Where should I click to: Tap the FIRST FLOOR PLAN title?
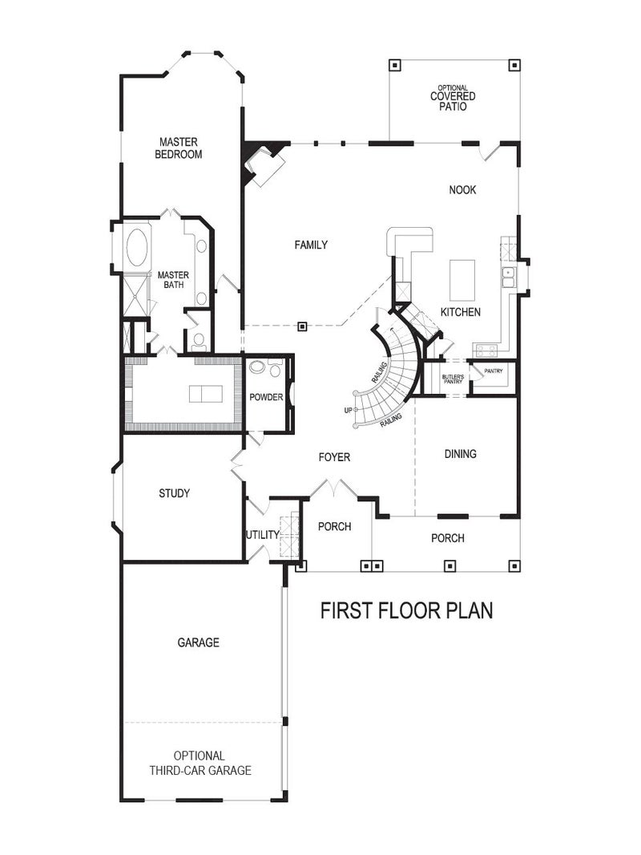406,610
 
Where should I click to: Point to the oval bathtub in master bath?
137,247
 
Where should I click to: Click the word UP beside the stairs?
348,410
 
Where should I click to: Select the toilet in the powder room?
259,368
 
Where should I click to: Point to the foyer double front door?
332,487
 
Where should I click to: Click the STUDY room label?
174,493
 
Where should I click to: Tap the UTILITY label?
262,535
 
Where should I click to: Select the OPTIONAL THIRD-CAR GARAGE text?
200,763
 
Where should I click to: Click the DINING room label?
460,454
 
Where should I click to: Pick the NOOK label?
462,190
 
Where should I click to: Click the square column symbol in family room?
302,326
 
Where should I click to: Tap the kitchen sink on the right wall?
508,277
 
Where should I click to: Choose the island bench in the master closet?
204,393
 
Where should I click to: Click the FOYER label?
334,457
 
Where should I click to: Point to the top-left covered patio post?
393,66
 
